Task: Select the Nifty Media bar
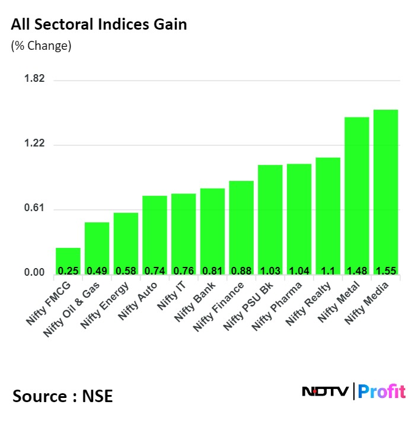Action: click(x=385, y=190)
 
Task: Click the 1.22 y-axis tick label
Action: click(x=34, y=145)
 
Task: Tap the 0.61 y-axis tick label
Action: click(x=34, y=209)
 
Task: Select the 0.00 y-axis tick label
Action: click(x=34, y=273)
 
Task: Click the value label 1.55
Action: click(x=385, y=271)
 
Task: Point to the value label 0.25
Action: click(x=68, y=271)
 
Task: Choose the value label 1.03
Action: click(x=270, y=271)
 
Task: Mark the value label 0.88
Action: click(x=241, y=271)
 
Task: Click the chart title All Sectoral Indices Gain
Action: click(x=99, y=25)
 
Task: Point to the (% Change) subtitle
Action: click(x=41, y=46)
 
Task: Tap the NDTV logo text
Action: click(x=326, y=391)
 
